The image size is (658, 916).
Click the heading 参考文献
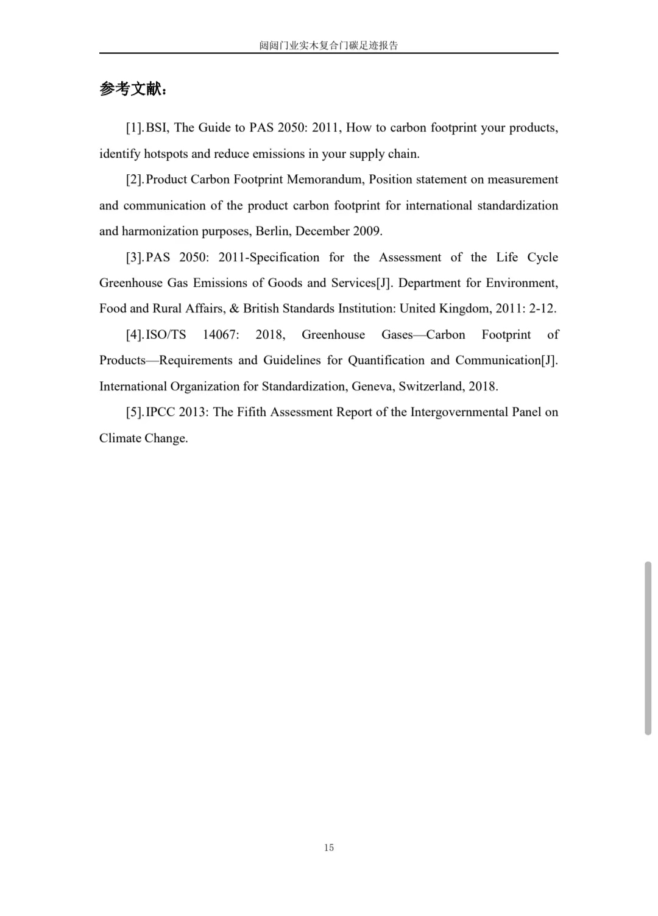coord(132,89)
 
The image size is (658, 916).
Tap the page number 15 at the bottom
coord(329,847)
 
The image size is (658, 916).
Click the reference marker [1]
coord(134,128)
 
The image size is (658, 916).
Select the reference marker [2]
coord(134,180)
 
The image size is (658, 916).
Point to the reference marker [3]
coord(134,258)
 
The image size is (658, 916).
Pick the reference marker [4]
coord(134,335)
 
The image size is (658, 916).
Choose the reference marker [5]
coord(134,412)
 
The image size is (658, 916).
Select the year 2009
coord(367,231)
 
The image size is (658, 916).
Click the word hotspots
coord(166,154)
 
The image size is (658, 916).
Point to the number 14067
coord(221,335)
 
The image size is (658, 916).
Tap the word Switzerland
coord(431,387)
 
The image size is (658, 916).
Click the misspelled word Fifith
coord(252,412)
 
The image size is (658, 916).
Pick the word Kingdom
coord(465,309)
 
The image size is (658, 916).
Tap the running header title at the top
coord(328,45)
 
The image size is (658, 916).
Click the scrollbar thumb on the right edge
coord(648,648)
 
